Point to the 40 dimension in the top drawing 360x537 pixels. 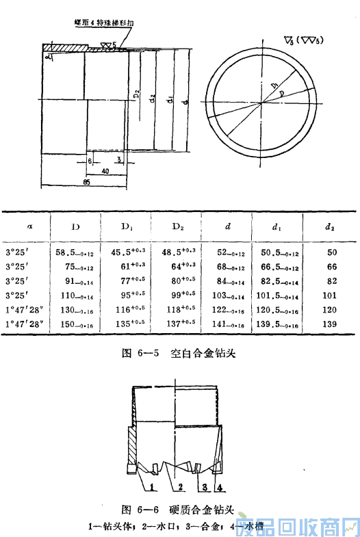(x=104, y=170)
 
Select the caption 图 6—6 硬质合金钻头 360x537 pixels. (x=177, y=510)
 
